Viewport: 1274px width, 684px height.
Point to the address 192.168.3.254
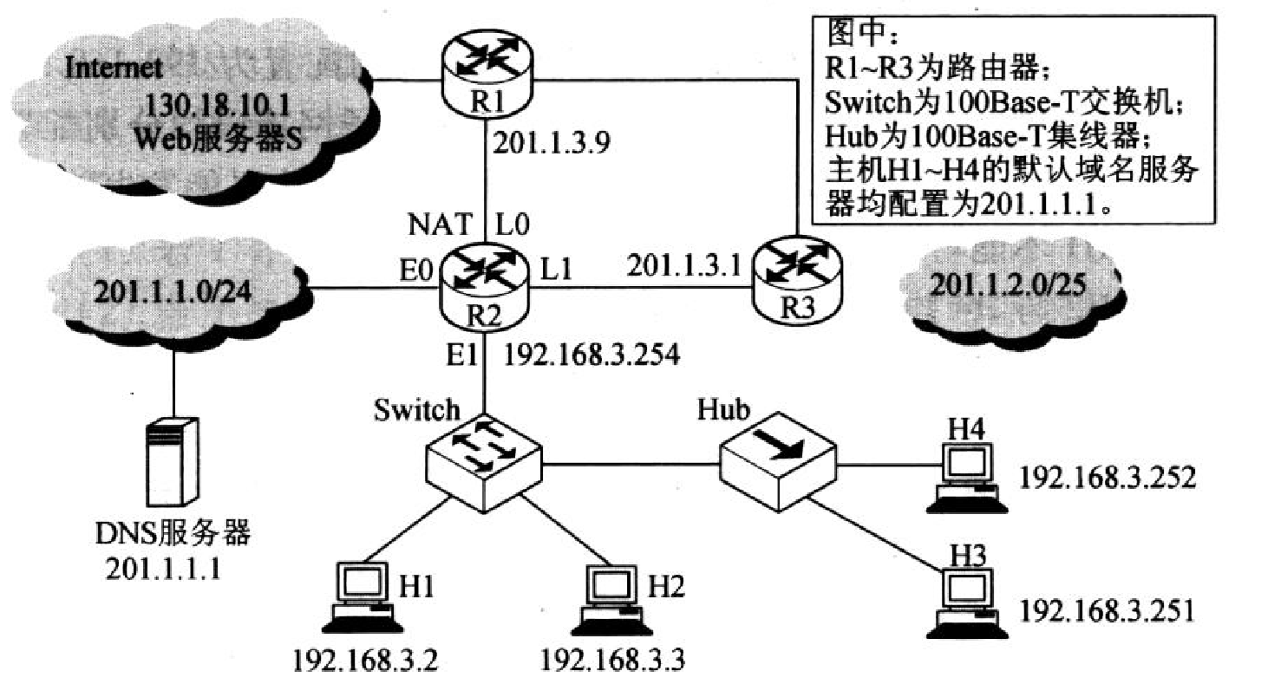click(x=592, y=356)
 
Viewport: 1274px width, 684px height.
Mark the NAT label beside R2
click(x=440, y=225)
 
